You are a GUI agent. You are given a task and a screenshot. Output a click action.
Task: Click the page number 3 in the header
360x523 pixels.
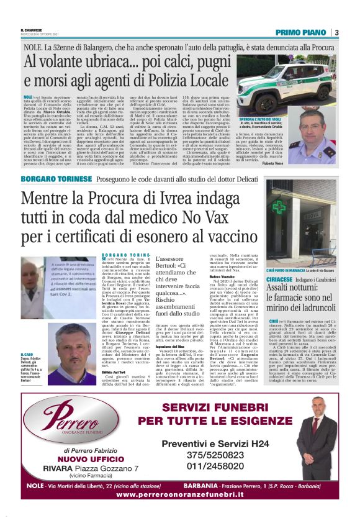pos(336,32)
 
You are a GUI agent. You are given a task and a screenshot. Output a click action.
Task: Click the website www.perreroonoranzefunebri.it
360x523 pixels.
pos(180,494)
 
